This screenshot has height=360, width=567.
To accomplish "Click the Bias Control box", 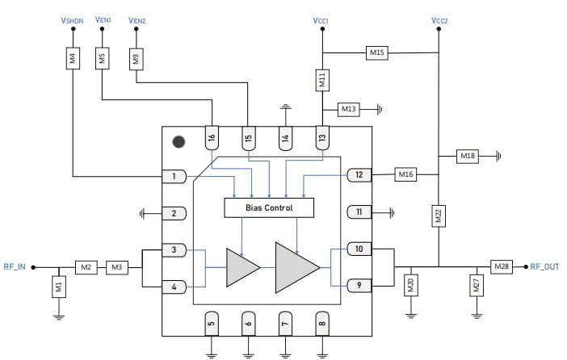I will (x=269, y=207).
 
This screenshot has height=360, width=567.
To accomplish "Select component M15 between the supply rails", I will (x=377, y=52).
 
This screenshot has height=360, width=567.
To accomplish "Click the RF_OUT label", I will (x=544, y=266).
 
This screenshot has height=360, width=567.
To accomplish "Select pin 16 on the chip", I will (x=212, y=138).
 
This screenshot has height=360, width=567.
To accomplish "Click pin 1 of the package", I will (x=174, y=176).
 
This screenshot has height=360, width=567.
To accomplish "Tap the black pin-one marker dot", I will (x=178, y=142).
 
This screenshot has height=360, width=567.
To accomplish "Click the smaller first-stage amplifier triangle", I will (x=241, y=266).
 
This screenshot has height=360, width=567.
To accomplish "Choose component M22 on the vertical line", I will (x=439, y=216).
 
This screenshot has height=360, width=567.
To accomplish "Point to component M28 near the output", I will (x=502, y=266).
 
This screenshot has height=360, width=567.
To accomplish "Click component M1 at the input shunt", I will (x=58, y=285).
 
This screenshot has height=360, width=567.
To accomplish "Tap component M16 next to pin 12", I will (x=405, y=174).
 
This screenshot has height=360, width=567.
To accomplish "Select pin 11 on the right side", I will (x=359, y=212).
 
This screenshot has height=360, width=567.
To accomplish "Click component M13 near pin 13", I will (x=349, y=108).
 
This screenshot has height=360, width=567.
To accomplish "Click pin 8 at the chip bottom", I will (x=322, y=323).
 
